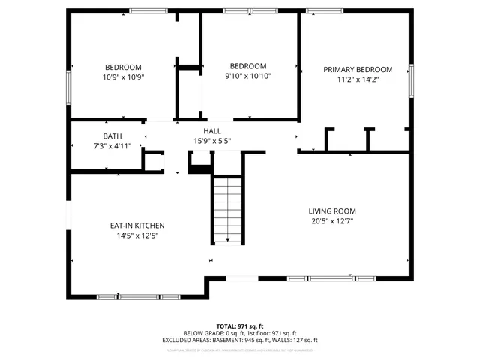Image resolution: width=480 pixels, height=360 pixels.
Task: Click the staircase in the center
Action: click(x=226, y=210)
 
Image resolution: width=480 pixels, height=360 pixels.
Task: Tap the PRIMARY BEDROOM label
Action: click(x=358, y=70)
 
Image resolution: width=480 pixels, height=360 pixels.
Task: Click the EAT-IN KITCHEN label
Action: click(x=137, y=226)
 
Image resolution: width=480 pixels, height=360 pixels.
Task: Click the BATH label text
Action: click(x=112, y=136)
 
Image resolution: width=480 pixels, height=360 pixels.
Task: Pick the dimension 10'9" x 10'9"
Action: click(x=124, y=76)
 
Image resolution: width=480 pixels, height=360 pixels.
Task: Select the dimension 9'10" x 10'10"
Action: click(x=248, y=76)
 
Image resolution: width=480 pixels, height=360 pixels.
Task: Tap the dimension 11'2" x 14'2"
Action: click(x=358, y=79)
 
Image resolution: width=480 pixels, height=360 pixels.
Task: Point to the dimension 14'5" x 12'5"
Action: click(x=137, y=235)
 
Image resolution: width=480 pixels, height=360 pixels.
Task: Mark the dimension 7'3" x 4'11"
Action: click(x=112, y=145)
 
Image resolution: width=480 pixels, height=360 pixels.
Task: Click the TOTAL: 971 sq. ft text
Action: click(x=240, y=326)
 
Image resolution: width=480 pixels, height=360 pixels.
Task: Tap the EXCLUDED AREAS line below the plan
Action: click(x=240, y=340)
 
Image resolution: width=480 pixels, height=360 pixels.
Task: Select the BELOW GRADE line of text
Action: click(x=240, y=333)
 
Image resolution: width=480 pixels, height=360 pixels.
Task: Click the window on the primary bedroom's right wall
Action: click(x=411, y=80)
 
